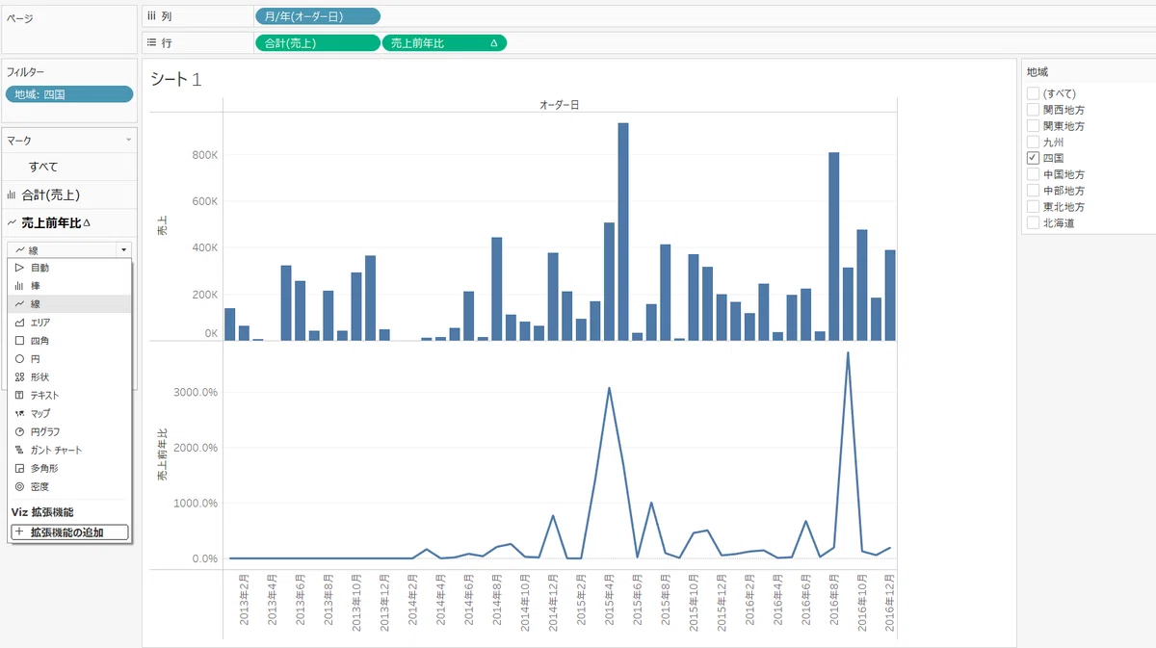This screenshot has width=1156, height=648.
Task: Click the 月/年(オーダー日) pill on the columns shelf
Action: [317, 16]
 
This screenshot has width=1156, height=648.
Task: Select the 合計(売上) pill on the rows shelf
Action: [317, 43]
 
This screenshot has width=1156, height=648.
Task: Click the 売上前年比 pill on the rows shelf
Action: [444, 43]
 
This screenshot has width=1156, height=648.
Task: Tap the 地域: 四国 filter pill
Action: [69, 94]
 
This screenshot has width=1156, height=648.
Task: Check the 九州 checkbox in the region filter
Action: [1033, 142]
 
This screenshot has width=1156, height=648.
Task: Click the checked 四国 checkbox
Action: [1033, 158]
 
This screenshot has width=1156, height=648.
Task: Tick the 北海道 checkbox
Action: [1033, 222]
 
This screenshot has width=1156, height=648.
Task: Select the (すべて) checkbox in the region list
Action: [1033, 93]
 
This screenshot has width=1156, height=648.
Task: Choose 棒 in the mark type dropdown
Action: [35, 286]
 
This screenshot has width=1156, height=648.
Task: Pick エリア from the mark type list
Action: [39, 323]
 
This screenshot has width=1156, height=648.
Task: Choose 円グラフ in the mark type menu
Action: [45, 431]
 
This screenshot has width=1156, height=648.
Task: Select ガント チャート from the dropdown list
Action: [56, 450]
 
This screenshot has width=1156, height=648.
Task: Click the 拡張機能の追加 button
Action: [69, 532]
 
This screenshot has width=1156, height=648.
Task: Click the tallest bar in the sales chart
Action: [623, 232]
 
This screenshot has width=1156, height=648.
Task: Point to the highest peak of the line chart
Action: [848, 353]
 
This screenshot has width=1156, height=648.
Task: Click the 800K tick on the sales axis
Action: [205, 155]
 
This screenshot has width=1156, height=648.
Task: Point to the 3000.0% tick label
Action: [196, 392]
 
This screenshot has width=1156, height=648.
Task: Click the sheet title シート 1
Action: [175, 80]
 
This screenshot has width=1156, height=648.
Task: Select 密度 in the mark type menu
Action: [39, 486]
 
